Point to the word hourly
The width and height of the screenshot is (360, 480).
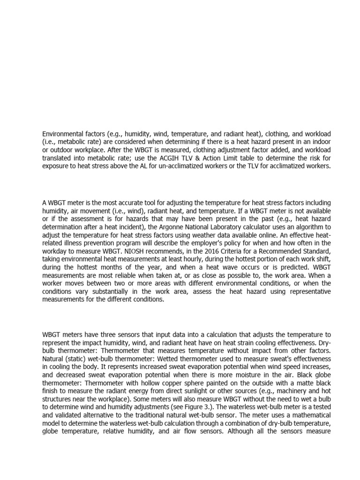tap(203, 259)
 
